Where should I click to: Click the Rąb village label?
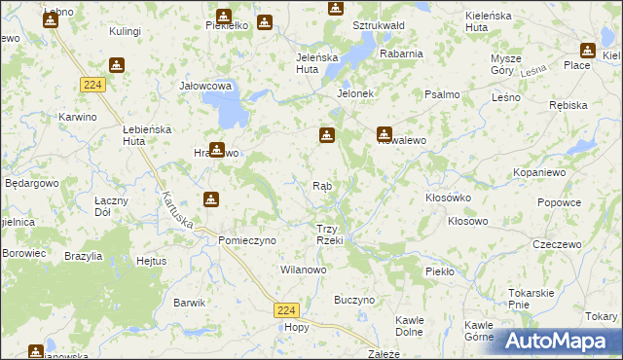pyautogui.click(x=324, y=185)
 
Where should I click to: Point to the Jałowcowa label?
pyautogui.click(x=205, y=86)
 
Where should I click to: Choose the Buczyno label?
pyautogui.click(x=354, y=301)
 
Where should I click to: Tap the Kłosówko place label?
pyautogui.click(x=449, y=197)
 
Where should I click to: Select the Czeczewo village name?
pyautogui.click(x=556, y=244)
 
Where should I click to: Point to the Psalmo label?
pyautogui.click(x=442, y=94)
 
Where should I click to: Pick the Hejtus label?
pyautogui.click(x=152, y=261)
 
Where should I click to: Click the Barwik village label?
pyautogui.click(x=189, y=303)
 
